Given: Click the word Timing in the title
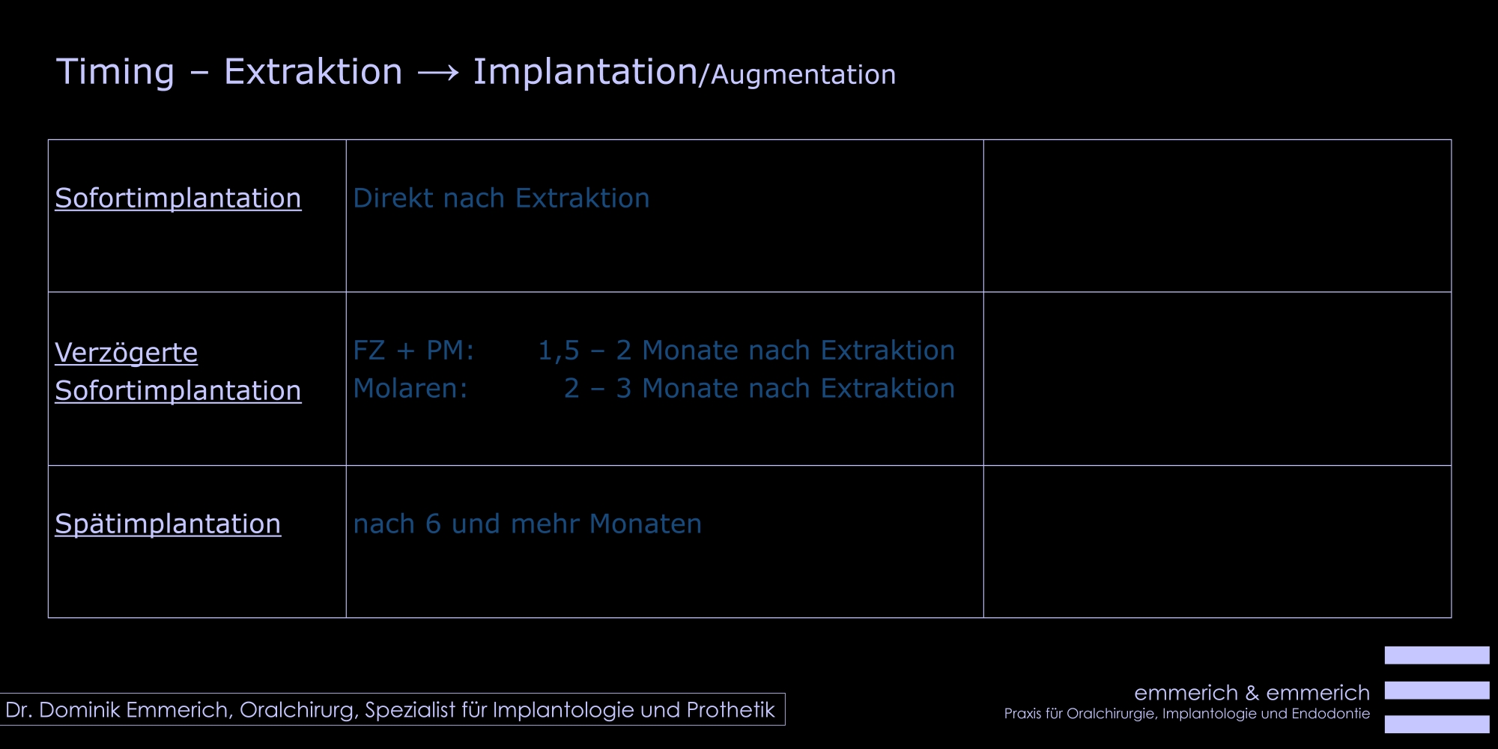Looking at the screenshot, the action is click(115, 73).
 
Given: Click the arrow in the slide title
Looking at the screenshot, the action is click(438, 73).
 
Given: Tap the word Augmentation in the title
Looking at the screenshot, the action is click(803, 76).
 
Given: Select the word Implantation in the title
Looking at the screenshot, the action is click(585, 72).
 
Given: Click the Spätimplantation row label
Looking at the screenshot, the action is click(168, 524).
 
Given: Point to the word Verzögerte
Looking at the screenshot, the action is click(127, 353).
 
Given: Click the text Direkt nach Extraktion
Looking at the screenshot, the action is click(501, 198).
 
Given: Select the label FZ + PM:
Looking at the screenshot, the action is click(413, 351).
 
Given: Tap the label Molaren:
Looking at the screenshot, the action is click(410, 389).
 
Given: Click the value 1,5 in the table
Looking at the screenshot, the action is click(559, 351).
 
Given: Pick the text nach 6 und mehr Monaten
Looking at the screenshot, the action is click(527, 524).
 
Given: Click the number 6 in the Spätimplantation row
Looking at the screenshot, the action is click(433, 524).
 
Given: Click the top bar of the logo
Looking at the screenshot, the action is click(1437, 655).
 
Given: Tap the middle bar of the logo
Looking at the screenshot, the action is click(1437, 690).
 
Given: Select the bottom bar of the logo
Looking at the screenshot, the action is click(1437, 724).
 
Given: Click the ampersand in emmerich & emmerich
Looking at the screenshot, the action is click(1252, 693).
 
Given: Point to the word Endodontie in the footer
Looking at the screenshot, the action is click(1331, 714).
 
